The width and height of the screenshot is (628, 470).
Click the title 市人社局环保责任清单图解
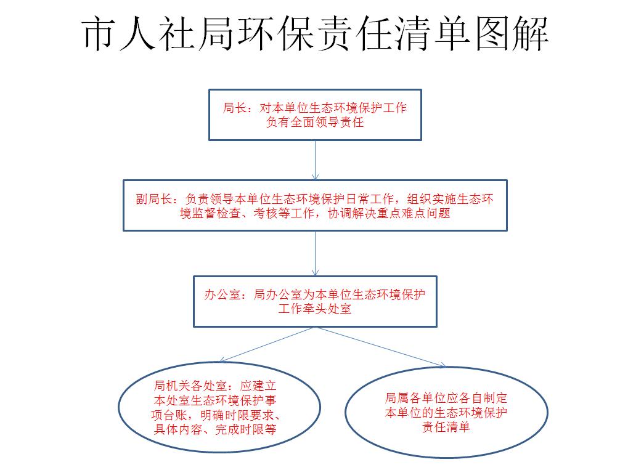coord(315,34)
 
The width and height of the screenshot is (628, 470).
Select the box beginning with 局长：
coord(315,115)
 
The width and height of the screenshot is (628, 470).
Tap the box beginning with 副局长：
coord(315,205)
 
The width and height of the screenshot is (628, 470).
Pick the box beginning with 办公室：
coord(315,301)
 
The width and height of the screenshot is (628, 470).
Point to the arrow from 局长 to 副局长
coord(315,160)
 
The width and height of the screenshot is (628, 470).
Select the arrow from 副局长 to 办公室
coord(315,253)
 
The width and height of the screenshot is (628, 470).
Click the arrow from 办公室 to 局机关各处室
coord(266,344)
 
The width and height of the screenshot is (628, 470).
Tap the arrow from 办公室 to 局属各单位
coord(380,347)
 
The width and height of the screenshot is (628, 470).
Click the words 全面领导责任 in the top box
coord(327,122)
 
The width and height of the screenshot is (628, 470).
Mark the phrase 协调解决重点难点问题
coord(389,213)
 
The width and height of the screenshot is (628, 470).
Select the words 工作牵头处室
coord(315,309)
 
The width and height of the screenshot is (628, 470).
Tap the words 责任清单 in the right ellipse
coord(446,427)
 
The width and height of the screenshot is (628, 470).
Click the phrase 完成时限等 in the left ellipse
coord(246,429)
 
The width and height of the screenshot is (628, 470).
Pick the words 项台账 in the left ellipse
coord(169,415)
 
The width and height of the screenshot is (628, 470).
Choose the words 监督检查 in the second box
coord(216,213)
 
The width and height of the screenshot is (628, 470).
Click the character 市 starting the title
coord(99,34)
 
